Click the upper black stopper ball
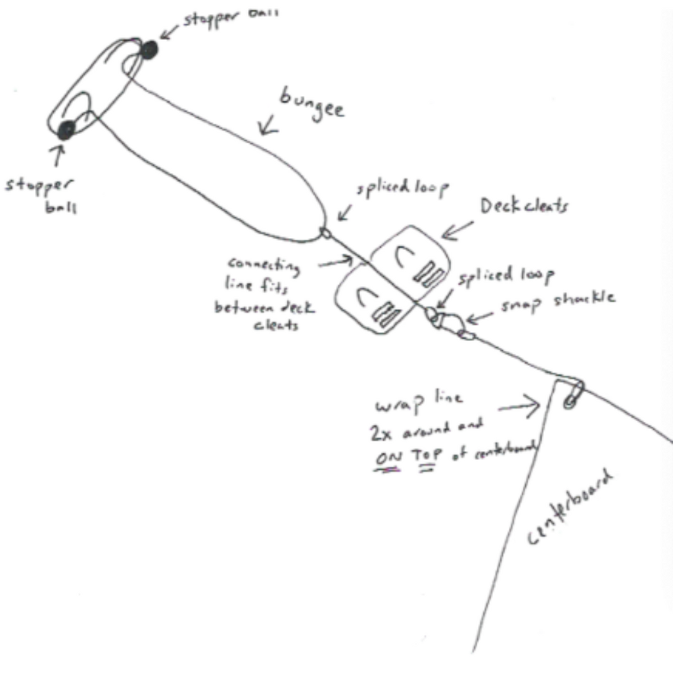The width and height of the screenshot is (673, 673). (151, 48)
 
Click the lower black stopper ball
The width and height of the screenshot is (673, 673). (66, 129)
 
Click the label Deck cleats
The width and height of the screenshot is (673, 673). (524, 206)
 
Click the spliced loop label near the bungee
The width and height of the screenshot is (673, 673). (403, 190)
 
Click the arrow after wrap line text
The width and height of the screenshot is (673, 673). (519, 407)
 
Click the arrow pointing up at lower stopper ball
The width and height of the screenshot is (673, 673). (57, 156)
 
